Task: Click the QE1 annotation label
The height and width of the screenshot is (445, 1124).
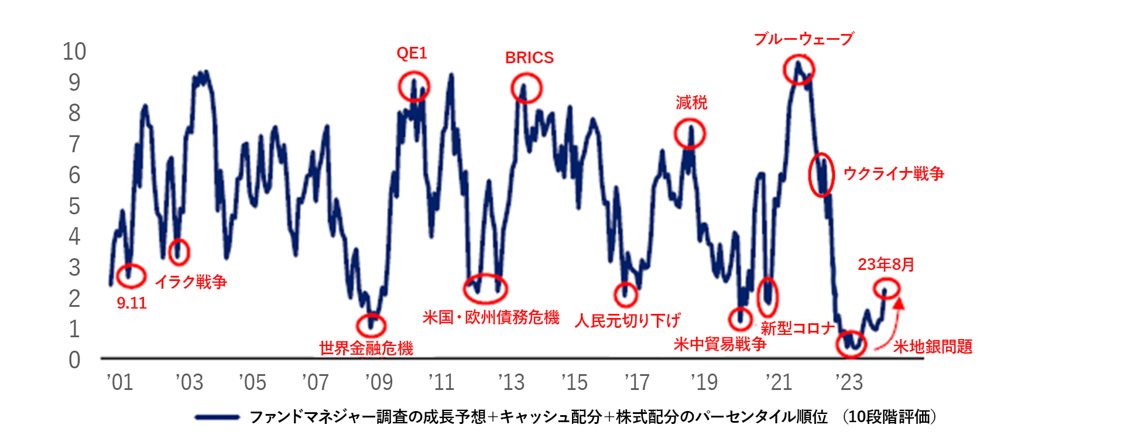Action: pyautogui.click(x=412, y=53)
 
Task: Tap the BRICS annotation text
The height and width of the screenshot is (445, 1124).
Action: pyautogui.click(x=529, y=58)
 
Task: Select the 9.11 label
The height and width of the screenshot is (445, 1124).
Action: pyautogui.click(x=132, y=303)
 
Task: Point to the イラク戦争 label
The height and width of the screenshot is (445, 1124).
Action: pyautogui.click(x=191, y=282)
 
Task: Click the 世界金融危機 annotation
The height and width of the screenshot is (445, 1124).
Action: pyautogui.click(x=366, y=348)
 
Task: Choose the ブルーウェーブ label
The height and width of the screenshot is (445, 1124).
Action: pyautogui.click(x=804, y=39)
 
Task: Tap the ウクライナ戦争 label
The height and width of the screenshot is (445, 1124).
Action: pyautogui.click(x=893, y=173)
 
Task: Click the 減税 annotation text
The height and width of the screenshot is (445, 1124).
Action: pyautogui.click(x=691, y=103)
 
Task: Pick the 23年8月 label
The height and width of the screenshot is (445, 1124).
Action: pyautogui.click(x=886, y=265)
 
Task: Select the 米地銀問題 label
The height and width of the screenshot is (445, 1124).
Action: pyautogui.click(x=933, y=347)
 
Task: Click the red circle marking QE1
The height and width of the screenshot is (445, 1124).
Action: pyautogui.click(x=414, y=87)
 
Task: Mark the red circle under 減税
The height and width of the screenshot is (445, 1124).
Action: pyautogui.click(x=690, y=133)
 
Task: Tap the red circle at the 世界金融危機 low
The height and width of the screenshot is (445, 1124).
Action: pyautogui.click(x=371, y=326)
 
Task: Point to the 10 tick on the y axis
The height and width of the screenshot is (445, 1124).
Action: pyautogui.click(x=74, y=52)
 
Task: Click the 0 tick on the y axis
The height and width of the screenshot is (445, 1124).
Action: pyautogui.click(x=74, y=360)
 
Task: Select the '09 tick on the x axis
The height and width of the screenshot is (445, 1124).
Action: pyautogui.click(x=379, y=382)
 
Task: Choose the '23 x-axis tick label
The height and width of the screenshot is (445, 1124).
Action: pyautogui.click(x=849, y=382)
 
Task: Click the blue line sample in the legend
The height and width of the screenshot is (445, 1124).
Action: pyautogui.click(x=217, y=417)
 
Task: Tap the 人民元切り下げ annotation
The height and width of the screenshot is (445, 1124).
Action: pyautogui.click(x=627, y=321)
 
